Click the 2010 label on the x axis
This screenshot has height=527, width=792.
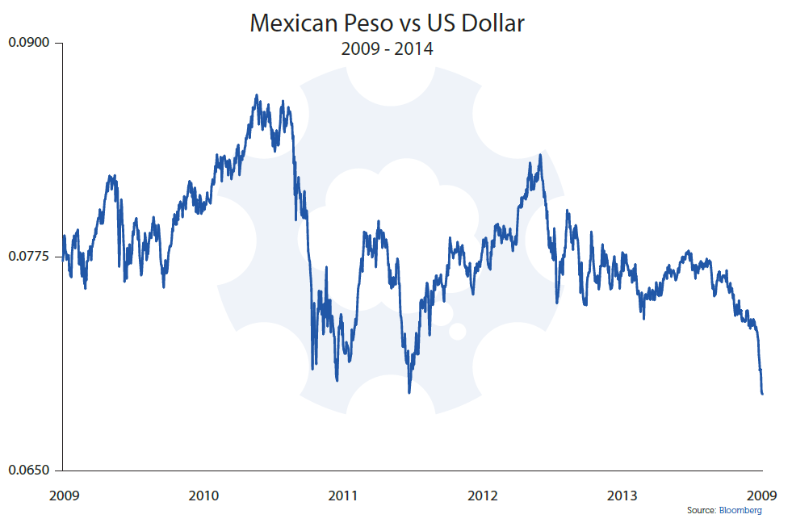pos(203,495)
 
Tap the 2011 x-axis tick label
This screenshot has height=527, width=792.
pos(342,495)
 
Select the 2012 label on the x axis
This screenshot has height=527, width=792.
pos(483,495)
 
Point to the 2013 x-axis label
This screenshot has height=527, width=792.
pos(622,495)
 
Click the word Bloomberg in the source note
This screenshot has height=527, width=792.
pos(740,511)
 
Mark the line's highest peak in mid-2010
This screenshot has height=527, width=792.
pos(256,95)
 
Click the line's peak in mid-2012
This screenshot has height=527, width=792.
pos(539,154)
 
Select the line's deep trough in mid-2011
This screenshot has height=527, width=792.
pos(410,392)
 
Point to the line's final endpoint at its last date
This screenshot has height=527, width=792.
pos(762,394)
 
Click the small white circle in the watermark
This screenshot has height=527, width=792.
pos(457,331)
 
